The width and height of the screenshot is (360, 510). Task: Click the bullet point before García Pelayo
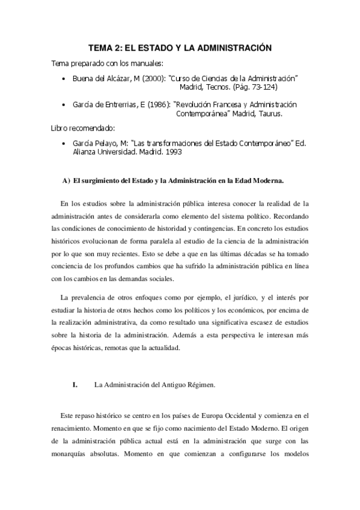click(63, 144)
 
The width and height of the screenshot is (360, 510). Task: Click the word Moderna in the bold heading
click(266, 180)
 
